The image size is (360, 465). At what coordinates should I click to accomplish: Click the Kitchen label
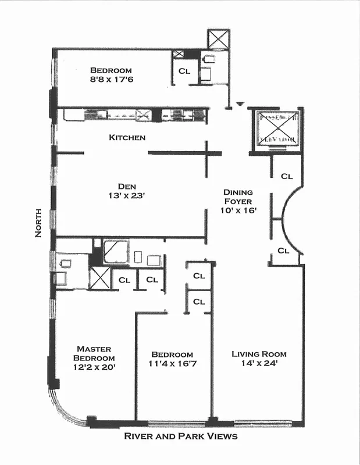(127, 138)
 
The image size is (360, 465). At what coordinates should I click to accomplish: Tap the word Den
(127, 186)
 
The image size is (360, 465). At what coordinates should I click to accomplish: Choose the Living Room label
(259, 353)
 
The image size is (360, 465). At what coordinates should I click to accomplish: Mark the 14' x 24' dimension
(259, 364)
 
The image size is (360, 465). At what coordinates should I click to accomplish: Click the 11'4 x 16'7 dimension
(172, 364)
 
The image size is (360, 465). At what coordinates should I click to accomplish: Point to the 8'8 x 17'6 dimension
(119, 80)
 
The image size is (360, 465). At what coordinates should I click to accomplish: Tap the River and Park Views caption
(181, 436)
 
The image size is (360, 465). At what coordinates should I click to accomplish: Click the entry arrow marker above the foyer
(229, 105)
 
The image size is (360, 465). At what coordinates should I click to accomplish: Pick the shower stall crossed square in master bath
(99, 278)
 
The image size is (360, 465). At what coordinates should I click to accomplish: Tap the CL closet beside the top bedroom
(184, 71)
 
